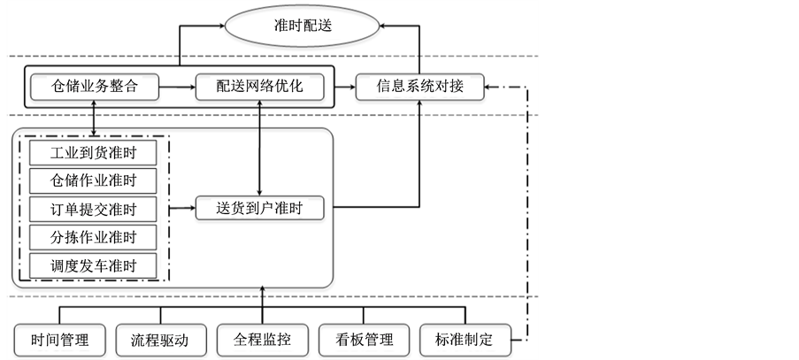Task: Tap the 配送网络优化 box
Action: [258, 87]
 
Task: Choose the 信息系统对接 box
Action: [421, 87]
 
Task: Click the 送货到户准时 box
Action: [259, 210]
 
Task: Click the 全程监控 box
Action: [263, 339]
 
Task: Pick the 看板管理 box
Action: [364, 339]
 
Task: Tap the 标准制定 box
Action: [465, 339]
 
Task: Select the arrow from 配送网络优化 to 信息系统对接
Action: [341, 87]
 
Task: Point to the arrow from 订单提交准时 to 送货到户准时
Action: [181, 210]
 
